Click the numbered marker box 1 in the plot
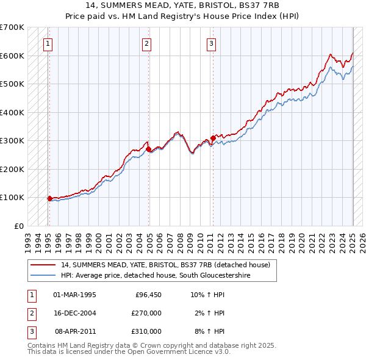(x=48, y=43)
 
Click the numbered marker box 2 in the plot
(x=147, y=43)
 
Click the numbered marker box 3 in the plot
(x=211, y=43)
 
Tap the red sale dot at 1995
(x=49, y=198)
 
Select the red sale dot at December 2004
(x=148, y=149)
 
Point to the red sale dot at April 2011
(x=212, y=137)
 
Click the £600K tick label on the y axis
(x=12, y=56)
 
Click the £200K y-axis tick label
(x=12, y=169)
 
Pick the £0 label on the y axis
(x=18, y=226)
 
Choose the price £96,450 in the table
(x=146, y=295)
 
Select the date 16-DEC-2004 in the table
(x=75, y=313)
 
